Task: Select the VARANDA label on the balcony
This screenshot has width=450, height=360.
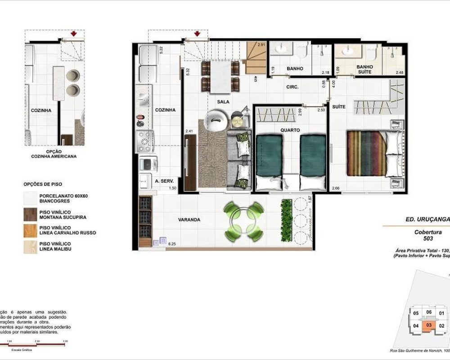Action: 189,220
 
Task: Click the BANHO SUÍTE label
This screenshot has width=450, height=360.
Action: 364,69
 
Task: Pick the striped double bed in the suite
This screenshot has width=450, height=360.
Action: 367,153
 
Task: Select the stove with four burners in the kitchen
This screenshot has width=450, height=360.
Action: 145,141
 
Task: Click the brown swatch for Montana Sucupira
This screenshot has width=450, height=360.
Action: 31,214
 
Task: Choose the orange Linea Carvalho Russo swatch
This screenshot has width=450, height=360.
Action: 31,230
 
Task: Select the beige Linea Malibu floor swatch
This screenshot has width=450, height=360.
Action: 31,246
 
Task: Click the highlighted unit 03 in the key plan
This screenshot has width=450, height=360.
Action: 429,325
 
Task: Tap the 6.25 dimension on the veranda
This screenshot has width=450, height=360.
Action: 171,243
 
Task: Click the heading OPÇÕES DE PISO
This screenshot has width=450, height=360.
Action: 43,184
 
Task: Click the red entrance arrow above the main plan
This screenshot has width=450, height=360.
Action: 197,34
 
